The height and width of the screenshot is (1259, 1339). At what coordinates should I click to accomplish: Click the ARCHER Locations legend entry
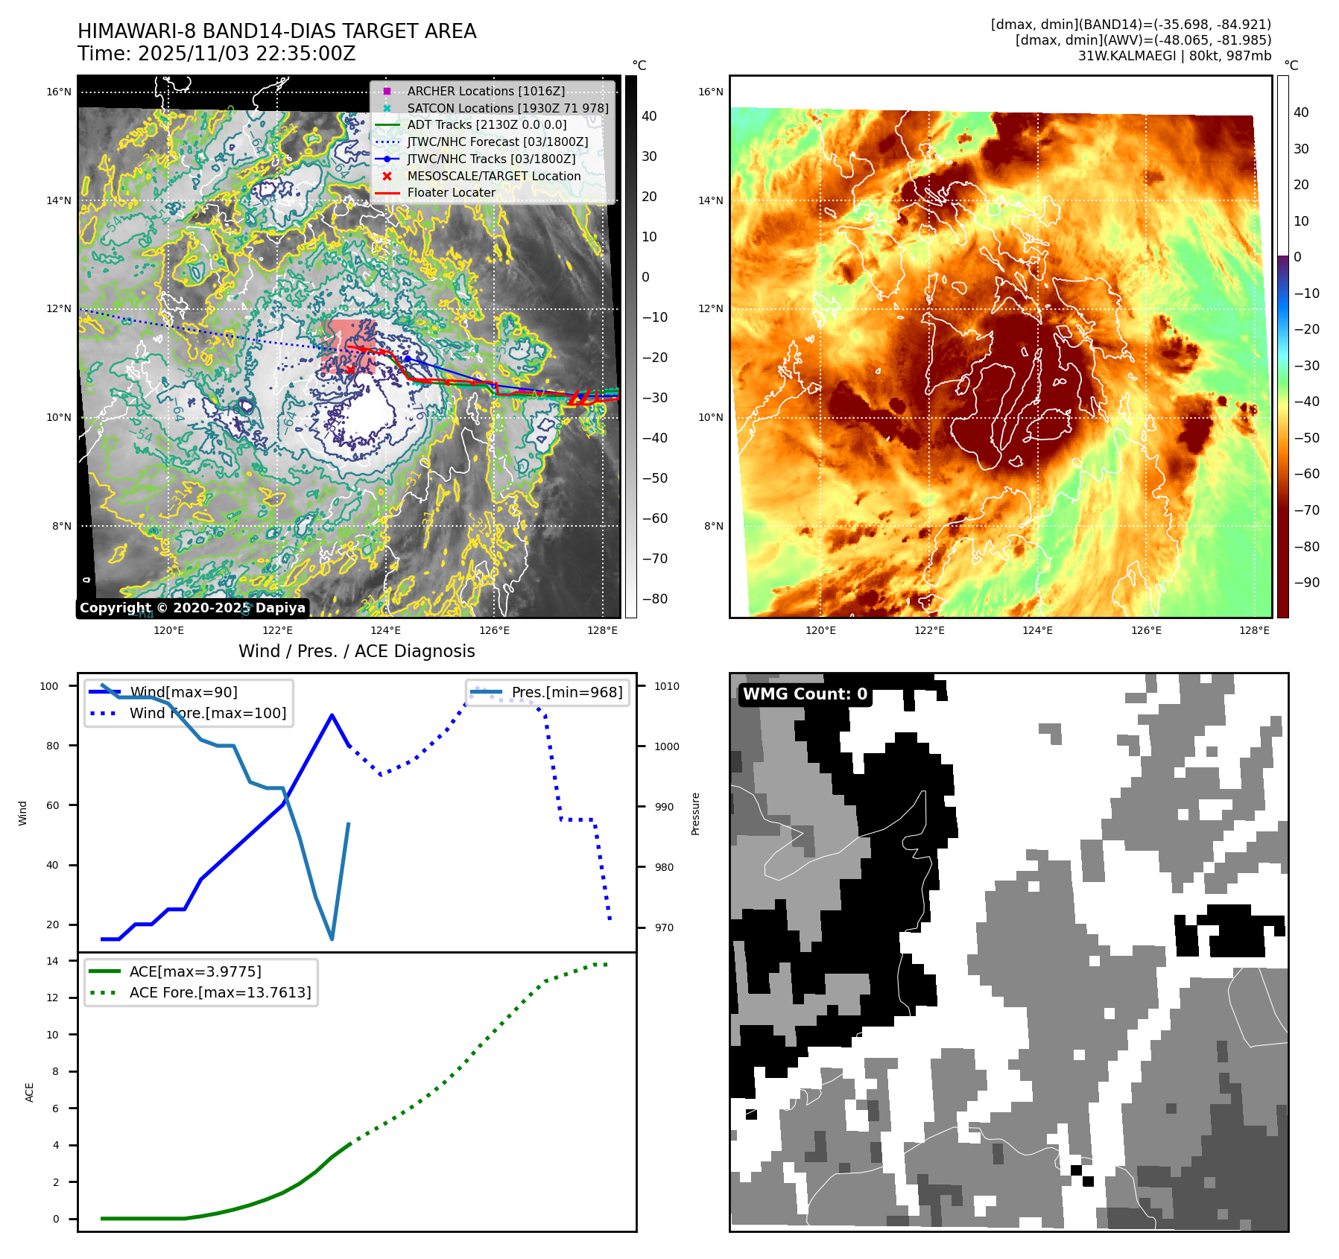(486, 91)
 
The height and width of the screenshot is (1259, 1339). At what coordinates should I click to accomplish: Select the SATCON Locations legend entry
(507, 108)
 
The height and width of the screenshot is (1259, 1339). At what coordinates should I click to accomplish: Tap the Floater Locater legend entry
(451, 192)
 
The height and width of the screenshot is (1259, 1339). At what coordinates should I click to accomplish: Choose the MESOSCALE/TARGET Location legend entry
(493, 176)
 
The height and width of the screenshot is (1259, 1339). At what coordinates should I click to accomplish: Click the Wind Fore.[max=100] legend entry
(208, 713)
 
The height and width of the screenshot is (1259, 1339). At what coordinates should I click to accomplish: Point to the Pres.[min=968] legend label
(566, 692)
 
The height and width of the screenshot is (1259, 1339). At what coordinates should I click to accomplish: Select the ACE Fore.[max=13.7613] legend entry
(220, 992)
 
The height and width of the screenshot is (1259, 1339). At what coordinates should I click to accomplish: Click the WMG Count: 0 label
(805, 694)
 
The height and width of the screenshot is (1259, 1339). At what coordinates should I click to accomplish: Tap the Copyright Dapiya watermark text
(192, 608)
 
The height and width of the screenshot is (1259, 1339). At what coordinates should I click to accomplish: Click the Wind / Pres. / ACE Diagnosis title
(356, 651)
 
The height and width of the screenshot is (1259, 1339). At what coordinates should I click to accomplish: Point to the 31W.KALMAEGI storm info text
(1174, 56)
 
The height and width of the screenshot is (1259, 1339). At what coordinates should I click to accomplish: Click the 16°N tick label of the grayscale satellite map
(59, 92)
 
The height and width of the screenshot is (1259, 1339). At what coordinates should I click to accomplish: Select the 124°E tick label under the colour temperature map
(1037, 630)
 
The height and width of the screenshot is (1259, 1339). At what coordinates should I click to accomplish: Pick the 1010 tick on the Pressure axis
(667, 686)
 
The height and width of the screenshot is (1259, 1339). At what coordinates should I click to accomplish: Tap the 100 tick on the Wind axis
(49, 686)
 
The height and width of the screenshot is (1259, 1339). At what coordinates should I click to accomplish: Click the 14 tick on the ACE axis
(52, 961)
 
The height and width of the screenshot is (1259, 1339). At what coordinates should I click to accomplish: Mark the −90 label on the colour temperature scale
(1306, 583)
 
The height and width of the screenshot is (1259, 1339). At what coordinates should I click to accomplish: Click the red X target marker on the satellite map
(349, 370)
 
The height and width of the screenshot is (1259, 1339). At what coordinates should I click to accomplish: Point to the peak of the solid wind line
(332, 715)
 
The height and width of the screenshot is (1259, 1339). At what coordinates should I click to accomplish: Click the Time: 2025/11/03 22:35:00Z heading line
(217, 54)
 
